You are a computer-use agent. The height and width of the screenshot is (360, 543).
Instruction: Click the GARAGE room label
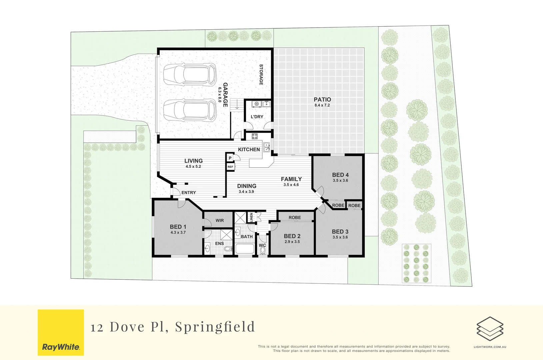tap(225, 95)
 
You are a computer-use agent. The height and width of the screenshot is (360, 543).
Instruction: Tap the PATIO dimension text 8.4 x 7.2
tap(322, 105)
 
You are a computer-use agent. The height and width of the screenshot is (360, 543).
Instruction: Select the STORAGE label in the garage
tap(261, 75)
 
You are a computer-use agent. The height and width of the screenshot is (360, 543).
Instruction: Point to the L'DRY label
tap(257, 117)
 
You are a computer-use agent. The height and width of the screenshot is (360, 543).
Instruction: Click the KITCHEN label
tap(249, 149)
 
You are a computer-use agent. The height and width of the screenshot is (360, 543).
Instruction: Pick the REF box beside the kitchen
tap(230, 167)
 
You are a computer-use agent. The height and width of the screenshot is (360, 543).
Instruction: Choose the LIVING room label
tap(193, 161)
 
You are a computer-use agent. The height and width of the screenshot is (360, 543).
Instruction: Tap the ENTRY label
tap(189, 193)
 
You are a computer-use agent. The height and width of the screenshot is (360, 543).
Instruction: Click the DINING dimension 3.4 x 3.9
tap(246, 192)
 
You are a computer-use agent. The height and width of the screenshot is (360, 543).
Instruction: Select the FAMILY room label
tap(291, 179)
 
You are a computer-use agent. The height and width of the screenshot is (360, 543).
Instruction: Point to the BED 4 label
tap(340, 175)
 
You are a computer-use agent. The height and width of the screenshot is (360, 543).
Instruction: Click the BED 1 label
tap(178, 227)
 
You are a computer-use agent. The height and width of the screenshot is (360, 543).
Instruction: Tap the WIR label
tap(220, 220)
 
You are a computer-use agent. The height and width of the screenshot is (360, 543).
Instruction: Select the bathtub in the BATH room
tap(245, 249)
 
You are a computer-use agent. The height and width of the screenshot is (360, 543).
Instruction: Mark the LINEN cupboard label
tap(251, 217)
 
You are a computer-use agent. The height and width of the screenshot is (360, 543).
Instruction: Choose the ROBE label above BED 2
tap(295, 217)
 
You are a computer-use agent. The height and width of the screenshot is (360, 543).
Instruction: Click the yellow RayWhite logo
tap(61, 332)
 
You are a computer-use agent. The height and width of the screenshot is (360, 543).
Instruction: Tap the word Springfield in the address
tap(215, 327)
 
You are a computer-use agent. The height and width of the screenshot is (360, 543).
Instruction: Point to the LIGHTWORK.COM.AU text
tap(490, 347)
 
